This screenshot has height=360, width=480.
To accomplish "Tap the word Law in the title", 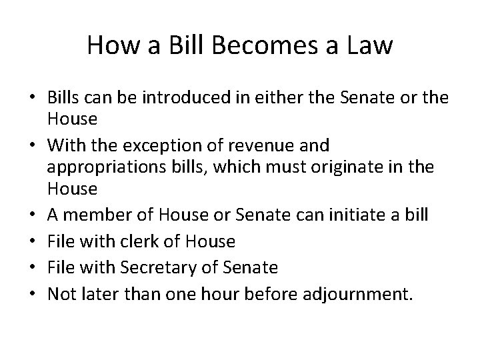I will click(370, 46).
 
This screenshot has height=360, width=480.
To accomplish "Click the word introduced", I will click(169, 99).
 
